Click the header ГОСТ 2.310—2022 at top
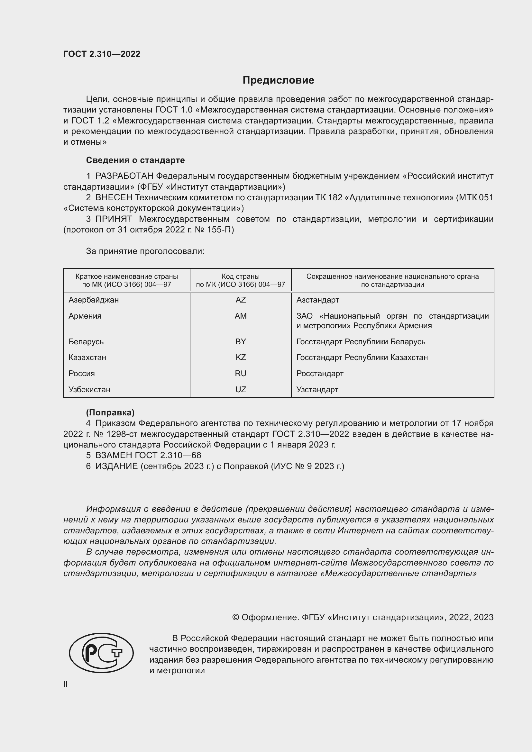click(x=102, y=54)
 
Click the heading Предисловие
click(x=278, y=80)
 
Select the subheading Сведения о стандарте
click(x=135, y=160)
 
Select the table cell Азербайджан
click(x=93, y=300)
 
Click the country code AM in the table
click(x=241, y=316)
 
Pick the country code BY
click(x=241, y=342)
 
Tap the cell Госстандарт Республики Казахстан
click(x=362, y=357)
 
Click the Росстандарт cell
click(x=320, y=373)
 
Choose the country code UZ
click(x=241, y=389)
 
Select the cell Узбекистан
click(x=89, y=389)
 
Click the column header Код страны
click(x=241, y=276)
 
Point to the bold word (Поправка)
click(x=110, y=412)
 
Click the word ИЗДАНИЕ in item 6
click(x=117, y=466)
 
